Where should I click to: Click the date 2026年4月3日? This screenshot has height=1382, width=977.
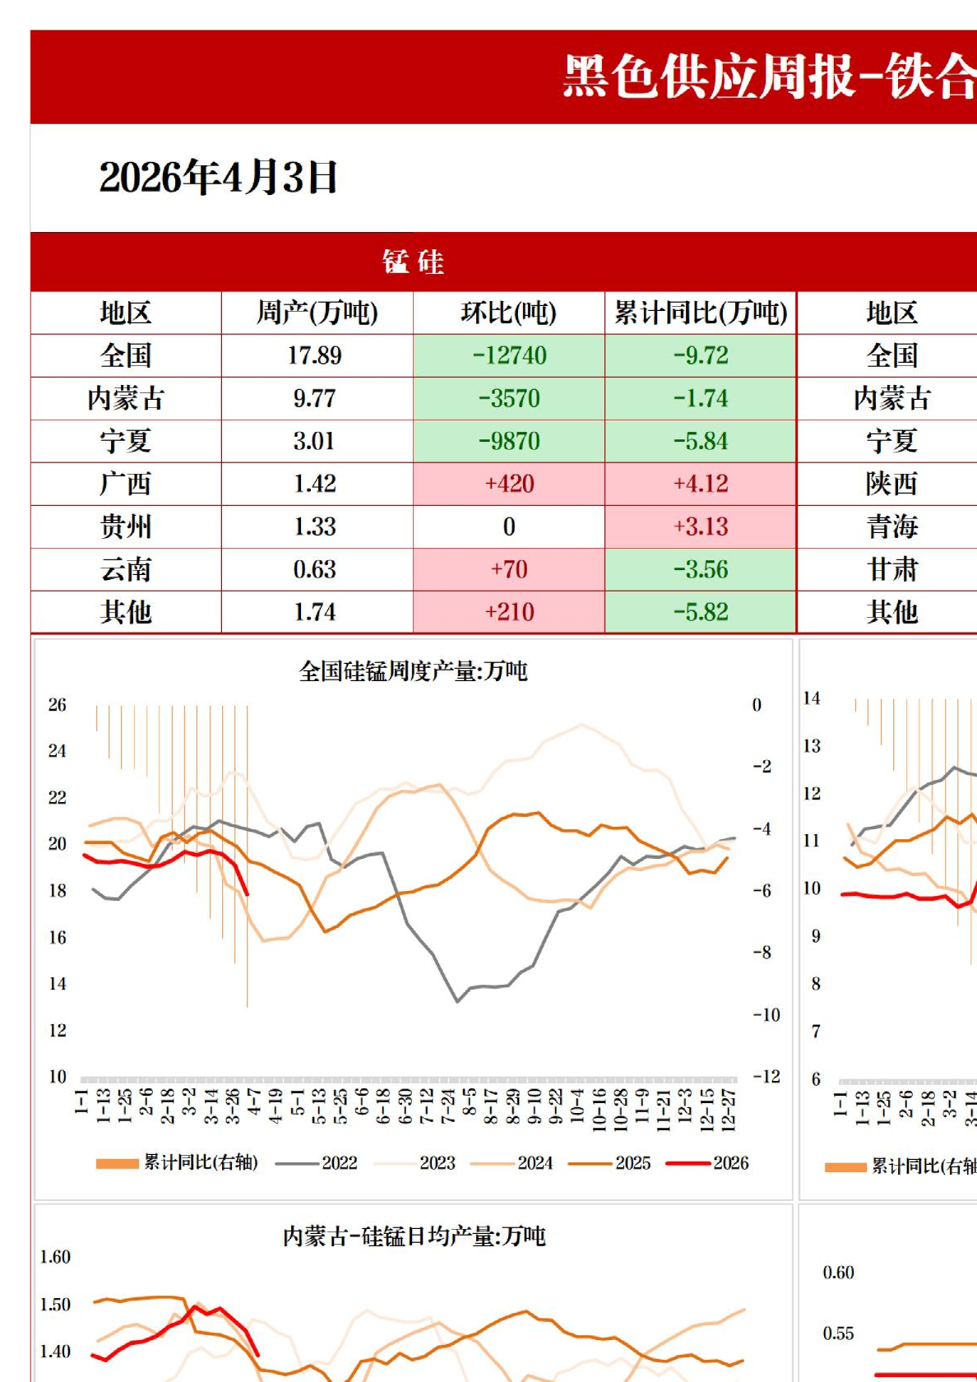(x=218, y=177)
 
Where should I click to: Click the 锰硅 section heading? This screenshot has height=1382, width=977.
(x=413, y=262)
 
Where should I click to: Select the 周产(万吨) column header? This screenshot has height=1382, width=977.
(x=317, y=313)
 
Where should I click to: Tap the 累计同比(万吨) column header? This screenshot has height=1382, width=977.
(x=701, y=313)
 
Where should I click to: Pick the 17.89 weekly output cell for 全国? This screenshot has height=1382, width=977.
(x=315, y=355)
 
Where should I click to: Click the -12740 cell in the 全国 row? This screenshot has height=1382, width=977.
(x=509, y=355)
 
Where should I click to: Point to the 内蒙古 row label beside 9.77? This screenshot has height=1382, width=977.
(x=126, y=399)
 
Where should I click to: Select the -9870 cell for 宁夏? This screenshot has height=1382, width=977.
(x=509, y=442)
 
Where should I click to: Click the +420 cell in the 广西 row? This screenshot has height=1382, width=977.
(x=509, y=484)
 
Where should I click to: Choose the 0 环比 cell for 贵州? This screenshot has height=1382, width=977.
(x=509, y=526)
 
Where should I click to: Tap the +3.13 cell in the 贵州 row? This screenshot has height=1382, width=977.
(x=701, y=526)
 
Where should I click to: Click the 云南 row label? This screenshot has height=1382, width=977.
(x=126, y=569)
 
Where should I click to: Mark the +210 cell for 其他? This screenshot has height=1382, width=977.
(x=509, y=612)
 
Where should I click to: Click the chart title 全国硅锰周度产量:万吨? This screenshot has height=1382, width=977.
(x=413, y=671)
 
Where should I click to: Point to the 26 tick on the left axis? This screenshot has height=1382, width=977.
(x=57, y=705)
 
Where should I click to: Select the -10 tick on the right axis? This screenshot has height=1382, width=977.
(x=766, y=1015)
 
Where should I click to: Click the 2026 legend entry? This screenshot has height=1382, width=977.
(x=730, y=1163)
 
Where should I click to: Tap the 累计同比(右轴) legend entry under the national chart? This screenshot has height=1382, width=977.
(x=200, y=1162)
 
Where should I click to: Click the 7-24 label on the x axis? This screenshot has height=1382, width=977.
(x=447, y=1106)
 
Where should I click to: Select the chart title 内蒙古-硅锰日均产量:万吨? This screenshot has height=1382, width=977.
(x=414, y=1236)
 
